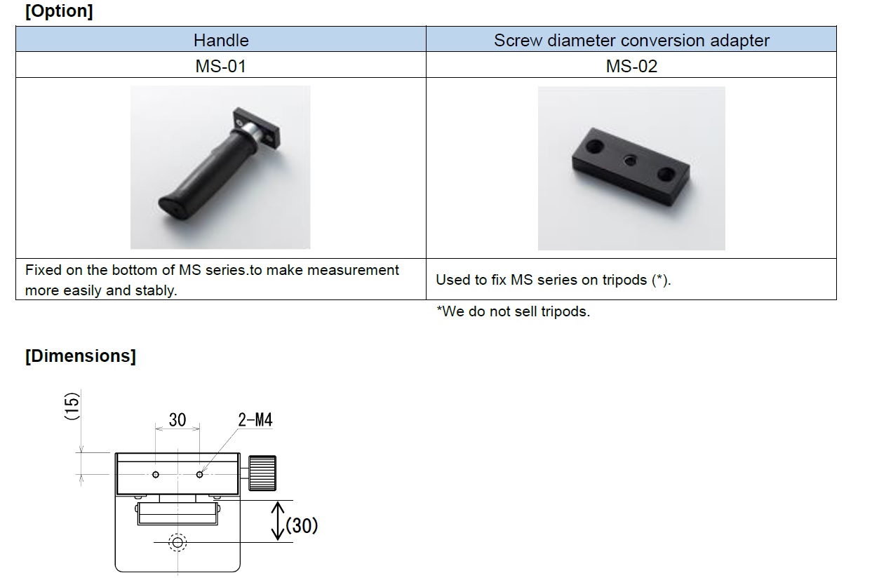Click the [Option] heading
59,11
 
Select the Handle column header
221,40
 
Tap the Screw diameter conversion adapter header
631,40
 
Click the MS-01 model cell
221,66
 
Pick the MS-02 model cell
631,66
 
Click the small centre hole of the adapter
630,160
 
